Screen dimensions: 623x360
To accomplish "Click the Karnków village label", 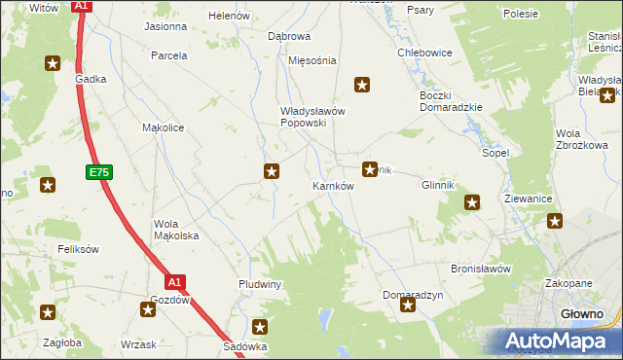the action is (x=332, y=185).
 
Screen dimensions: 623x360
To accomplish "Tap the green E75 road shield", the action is (x=96, y=172).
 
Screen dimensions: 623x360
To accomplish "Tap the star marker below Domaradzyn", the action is (x=408, y=306).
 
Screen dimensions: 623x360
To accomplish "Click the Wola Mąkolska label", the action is (x=176, y=230).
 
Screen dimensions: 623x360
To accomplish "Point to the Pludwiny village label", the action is (x=260, y=284).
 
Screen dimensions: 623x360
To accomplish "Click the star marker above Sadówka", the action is (x=260, y=328).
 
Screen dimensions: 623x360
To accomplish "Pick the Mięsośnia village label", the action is (x=312, y=60).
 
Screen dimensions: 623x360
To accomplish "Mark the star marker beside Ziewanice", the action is (x=555, y=222).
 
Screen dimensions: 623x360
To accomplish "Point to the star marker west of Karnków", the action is (x=272, y=172).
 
